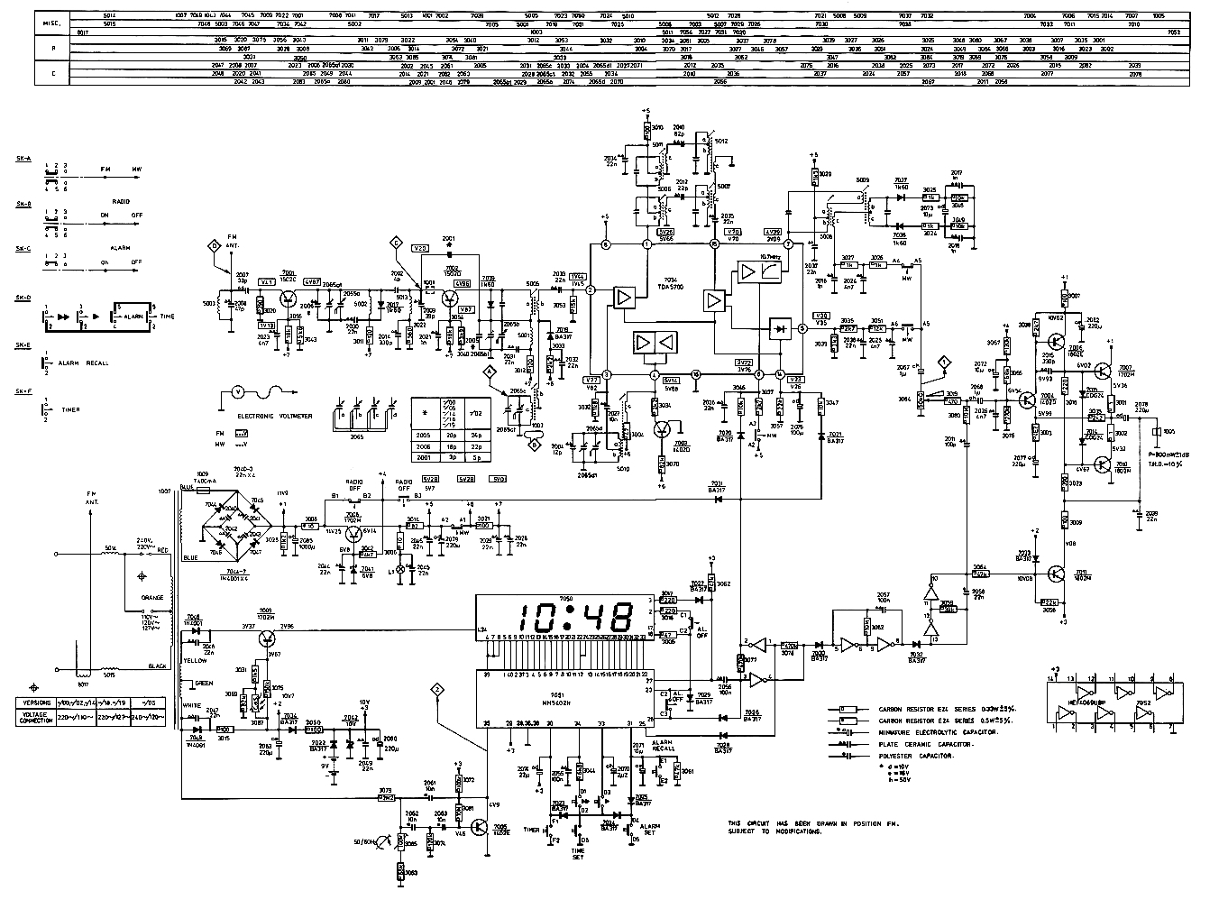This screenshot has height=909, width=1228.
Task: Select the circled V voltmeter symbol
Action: [x=237, y=392]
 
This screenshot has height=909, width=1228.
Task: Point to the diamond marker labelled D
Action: [x=214, y=245]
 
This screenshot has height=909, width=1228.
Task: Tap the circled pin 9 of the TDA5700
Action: [x=759, y=373]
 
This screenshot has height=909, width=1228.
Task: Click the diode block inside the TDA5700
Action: [x=778, y=328]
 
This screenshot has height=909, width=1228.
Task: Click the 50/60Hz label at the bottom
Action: [x=369, y=841]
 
